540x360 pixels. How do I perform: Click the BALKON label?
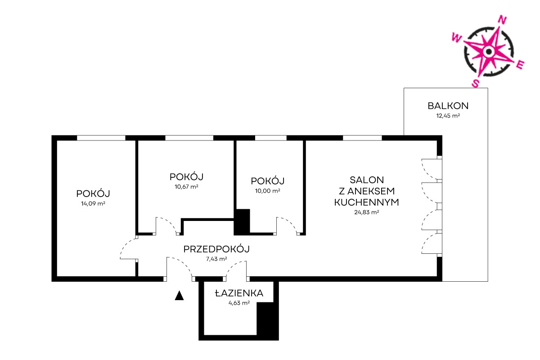[x=448, y=106]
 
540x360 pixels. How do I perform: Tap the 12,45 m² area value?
[x=448, y=116]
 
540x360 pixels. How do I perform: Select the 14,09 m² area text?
[x=93, y=203]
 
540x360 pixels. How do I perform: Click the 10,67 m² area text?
[x=186, y=187]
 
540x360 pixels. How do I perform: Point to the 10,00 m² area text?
[x=268, y=191]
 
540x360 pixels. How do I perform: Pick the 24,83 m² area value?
[x=366, y=212]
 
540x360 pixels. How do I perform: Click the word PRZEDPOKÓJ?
[x=216, y=249]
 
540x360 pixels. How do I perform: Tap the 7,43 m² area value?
[x=216, y=259]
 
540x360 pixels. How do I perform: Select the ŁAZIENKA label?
[x=239, y=293]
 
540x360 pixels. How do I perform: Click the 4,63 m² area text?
[x=239, y=303]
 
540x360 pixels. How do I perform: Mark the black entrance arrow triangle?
[x=179, y=296]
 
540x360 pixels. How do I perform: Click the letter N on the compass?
[x=502, y=20]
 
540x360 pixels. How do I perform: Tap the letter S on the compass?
[x=475, y=83]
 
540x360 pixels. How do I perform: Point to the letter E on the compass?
[x=520, y=65]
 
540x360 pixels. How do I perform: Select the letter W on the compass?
[x=456, y=38]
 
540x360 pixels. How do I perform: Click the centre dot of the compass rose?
[x=489, y=51]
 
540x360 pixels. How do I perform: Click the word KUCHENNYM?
[x=366, y=202]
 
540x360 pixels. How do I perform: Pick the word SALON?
[x=367, y=180]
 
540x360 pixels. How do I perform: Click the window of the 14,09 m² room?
[x=101, y=138]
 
